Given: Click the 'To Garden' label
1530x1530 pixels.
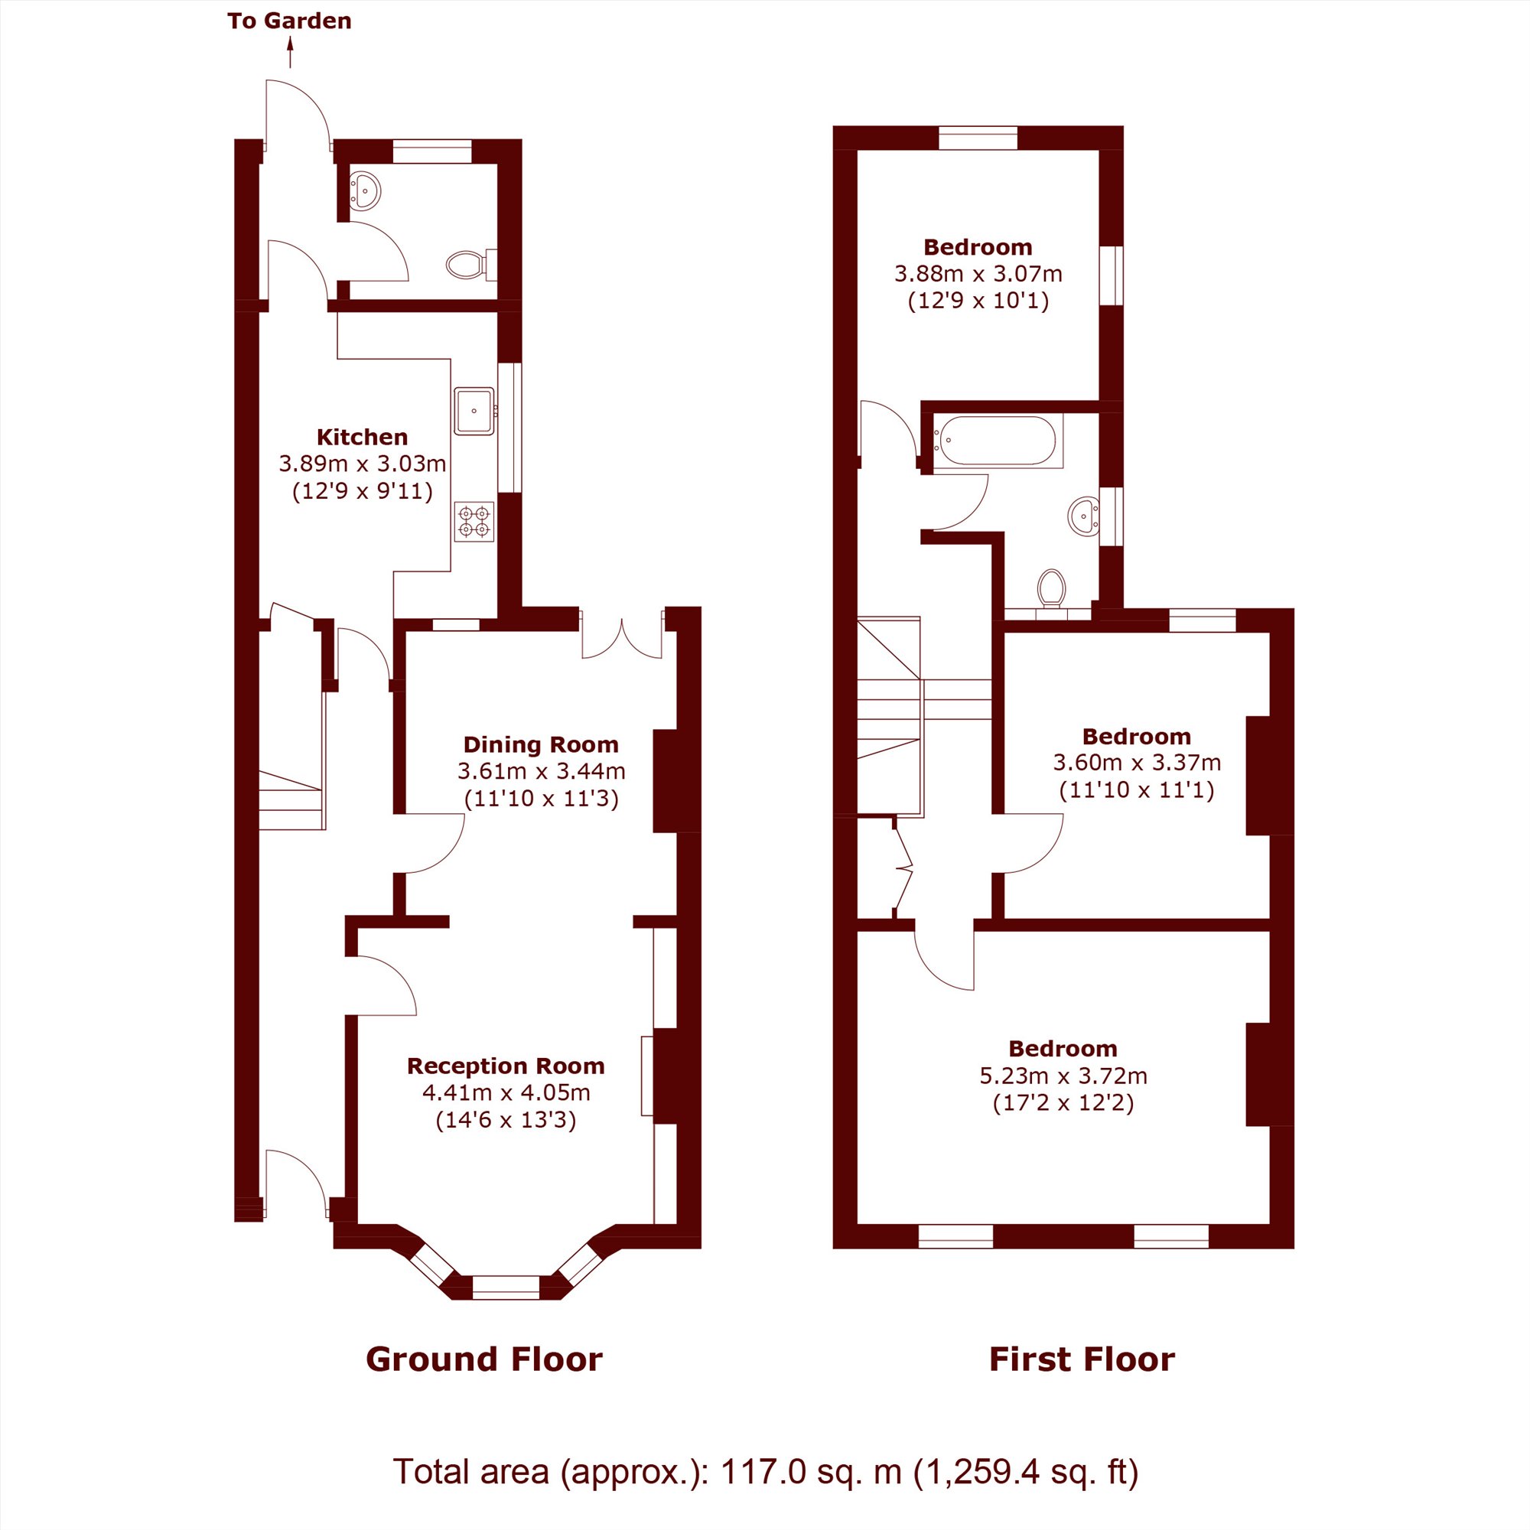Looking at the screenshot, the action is point(289,21).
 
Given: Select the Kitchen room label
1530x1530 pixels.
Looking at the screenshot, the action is point(362,436).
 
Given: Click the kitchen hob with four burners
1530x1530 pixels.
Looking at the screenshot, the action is point(474,521).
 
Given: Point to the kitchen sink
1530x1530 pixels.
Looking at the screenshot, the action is point(474,411).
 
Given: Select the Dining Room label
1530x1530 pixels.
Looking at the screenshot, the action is point(541,744).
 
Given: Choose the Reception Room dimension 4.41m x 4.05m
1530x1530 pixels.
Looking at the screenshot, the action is point(506,1093).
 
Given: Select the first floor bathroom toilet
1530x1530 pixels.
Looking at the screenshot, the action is point(1052,588).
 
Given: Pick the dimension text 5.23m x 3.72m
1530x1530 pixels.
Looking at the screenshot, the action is point(1063,1076).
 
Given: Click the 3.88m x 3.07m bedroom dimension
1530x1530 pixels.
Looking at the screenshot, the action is point(978,273).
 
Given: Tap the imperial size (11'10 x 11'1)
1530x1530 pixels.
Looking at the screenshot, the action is point(1137,789).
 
